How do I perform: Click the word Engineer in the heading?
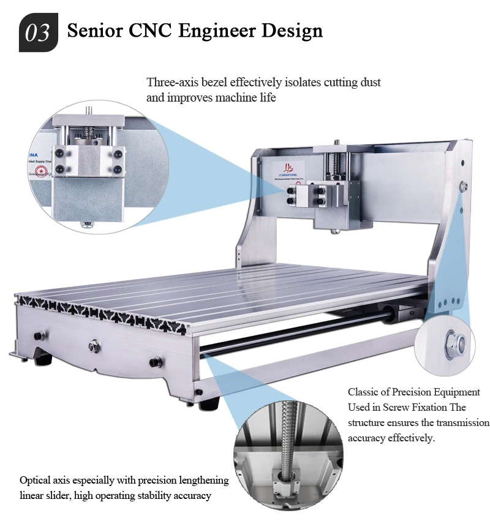click(x=224, y=30)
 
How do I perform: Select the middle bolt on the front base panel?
click(x=94, y=343)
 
